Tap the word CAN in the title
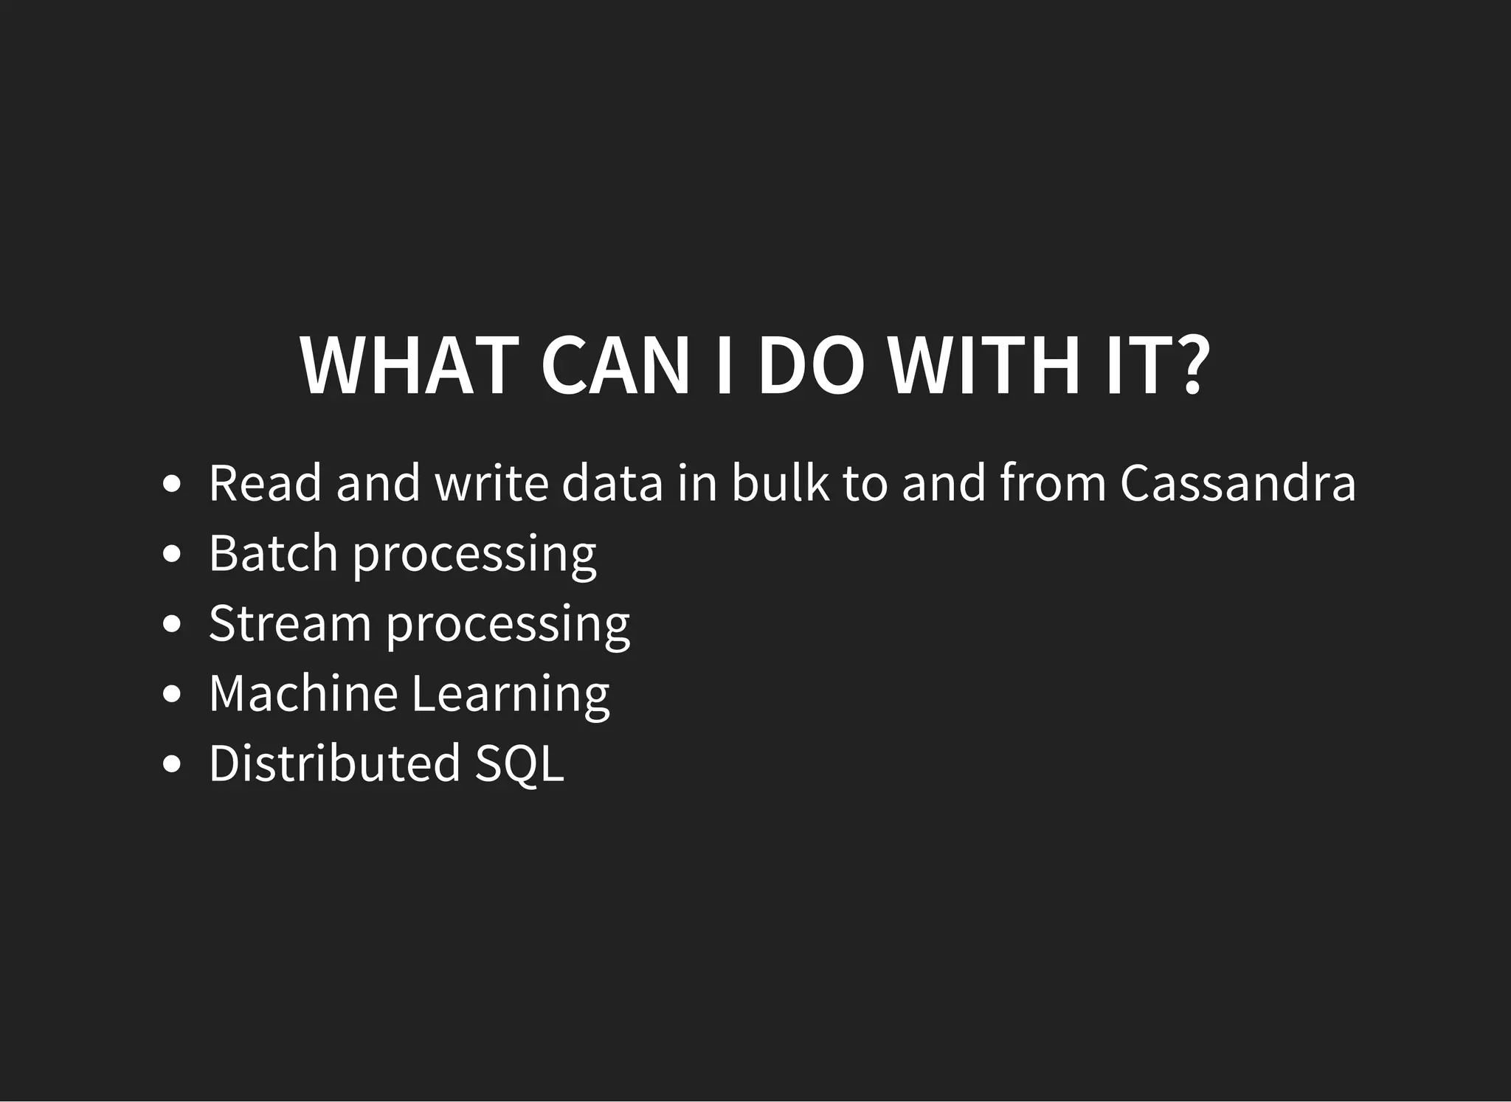point(615,367)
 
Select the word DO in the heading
point(811,367)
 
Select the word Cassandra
point(1237,484)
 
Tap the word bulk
point(780,484)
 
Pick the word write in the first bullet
point(491,484)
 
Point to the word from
point(1053,484)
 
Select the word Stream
point(290,624)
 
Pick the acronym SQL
point(519,763)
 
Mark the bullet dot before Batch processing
point(171,554)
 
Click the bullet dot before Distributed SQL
point(171,764)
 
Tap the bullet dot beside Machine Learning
point(171,694)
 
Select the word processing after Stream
point(508,625)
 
